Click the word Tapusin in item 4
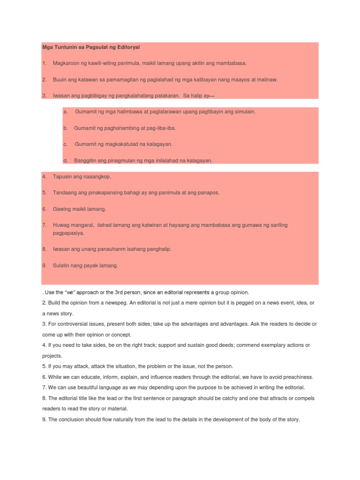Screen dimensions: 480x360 click(x=61, y=177)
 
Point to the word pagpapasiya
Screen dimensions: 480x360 click(x=68, y=233)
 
